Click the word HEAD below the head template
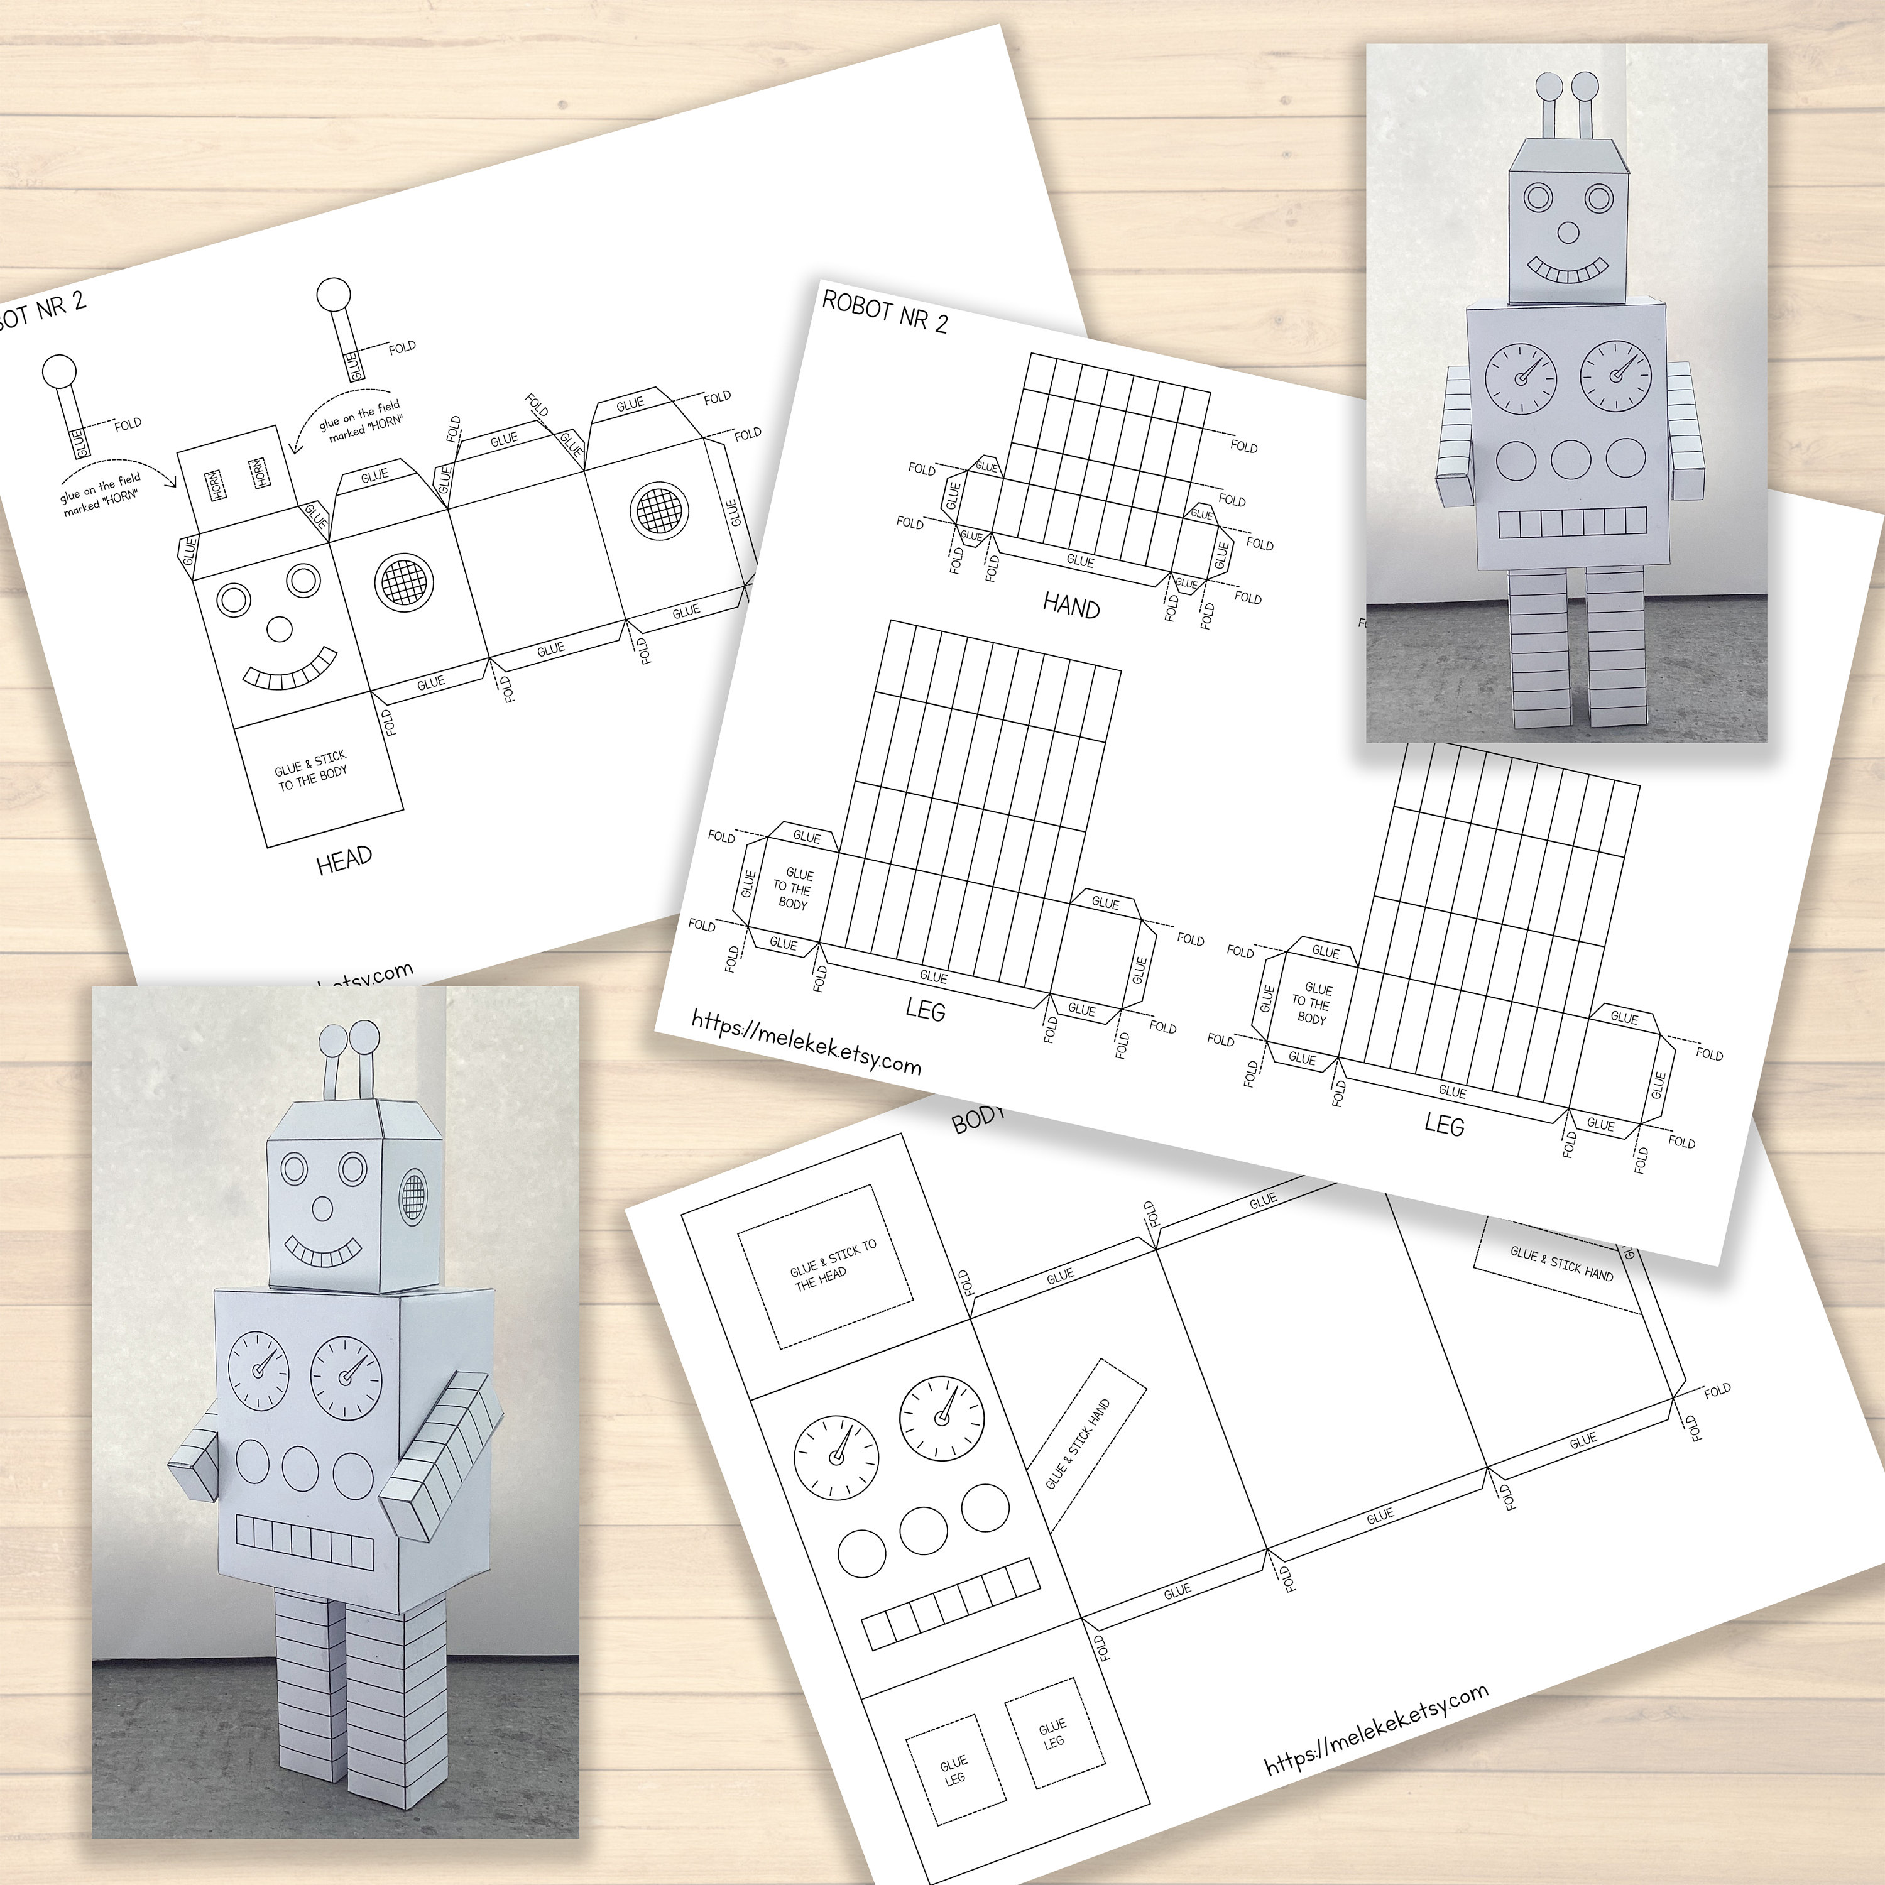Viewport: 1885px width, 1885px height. pyautogui.click(x=344, y=858)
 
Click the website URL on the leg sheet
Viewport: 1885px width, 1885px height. pyautogui.click(x=806, y=1041)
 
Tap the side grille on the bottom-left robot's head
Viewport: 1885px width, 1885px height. pyautogui.click(x=413, y=1197)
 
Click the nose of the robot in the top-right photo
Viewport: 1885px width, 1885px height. pyautogui.click(x=1567, y=232)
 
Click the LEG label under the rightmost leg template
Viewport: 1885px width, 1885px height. pyautogui.click(x=1444, y=1125)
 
